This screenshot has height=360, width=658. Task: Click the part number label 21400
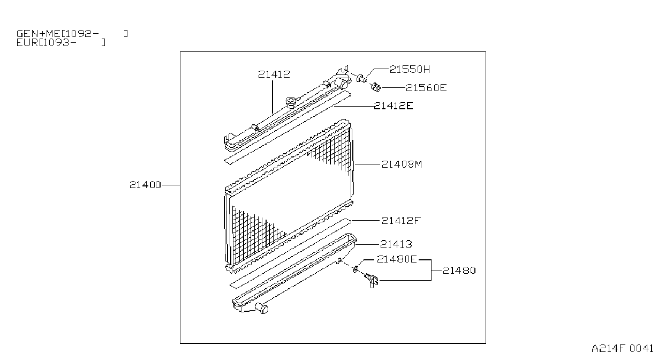pos(145,185)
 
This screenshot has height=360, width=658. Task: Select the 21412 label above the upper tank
pos(274,74)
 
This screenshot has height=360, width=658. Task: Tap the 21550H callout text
pos(410,69)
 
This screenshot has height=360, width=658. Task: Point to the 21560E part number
pos(426,87)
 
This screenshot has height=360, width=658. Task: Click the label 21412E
pos(393,106)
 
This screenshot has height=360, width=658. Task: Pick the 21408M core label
pos(402,164)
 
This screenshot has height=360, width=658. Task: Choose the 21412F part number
pos(401,220)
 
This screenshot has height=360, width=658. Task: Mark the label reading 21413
pos(396,244)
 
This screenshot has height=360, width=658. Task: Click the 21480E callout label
pos(397,259)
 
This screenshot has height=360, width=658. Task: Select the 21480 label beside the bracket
pos(459,271)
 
